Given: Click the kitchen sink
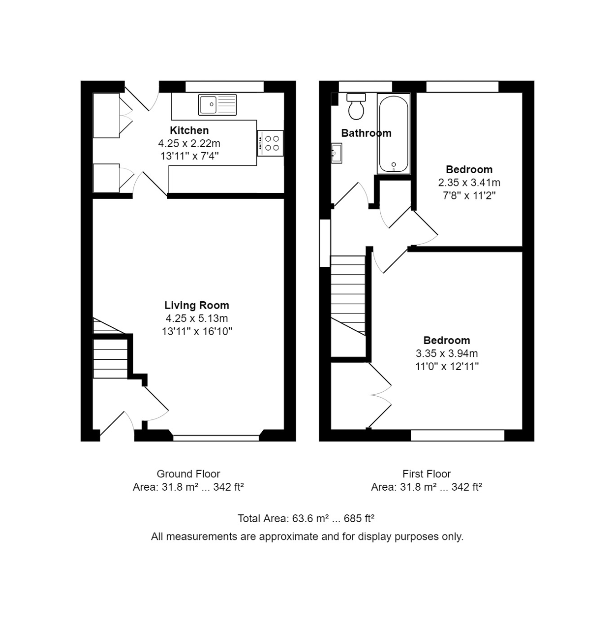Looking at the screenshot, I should coord(217,104).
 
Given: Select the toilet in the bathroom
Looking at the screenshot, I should coord(356,106).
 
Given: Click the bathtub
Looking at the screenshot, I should coord(393,133).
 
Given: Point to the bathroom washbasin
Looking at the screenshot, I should coord(337,153).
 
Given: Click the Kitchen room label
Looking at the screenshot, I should coord(189,130).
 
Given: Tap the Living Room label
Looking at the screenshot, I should coord(197,305).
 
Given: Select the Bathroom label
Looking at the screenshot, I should coord(366,133).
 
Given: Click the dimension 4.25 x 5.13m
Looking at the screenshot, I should coord(197,318).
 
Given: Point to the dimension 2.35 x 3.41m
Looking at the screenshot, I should coord(469,183).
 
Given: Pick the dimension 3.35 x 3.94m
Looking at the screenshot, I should coord(447,353).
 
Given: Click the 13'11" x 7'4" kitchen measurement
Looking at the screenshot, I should coord(189,157).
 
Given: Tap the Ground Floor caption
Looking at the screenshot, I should coord(188,474).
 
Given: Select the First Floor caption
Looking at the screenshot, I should coord(427,474).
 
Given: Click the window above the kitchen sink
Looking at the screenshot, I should coord(224,86).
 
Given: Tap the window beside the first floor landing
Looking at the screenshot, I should coord(325,243).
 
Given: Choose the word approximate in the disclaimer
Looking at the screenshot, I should coord(289,536).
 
